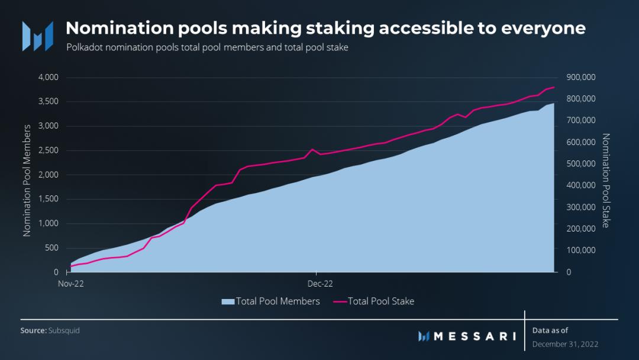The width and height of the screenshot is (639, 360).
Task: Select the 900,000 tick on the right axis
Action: pos(581,78)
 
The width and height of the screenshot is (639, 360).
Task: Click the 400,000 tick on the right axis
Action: pos(581,185)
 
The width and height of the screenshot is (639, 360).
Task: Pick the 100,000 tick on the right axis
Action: pos(581,250)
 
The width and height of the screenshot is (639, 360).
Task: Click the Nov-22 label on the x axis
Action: pos(70,284)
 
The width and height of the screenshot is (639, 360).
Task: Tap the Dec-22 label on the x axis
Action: pos(317,284)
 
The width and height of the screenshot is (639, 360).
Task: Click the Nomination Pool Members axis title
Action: pos(27,181)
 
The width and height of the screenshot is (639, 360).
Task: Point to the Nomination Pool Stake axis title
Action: pos(606,181)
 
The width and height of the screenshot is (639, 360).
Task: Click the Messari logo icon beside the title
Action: pos(37,36)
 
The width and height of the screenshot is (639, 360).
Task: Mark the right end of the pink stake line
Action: pos(554,87)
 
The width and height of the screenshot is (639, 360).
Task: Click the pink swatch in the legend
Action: pos(340,301)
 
